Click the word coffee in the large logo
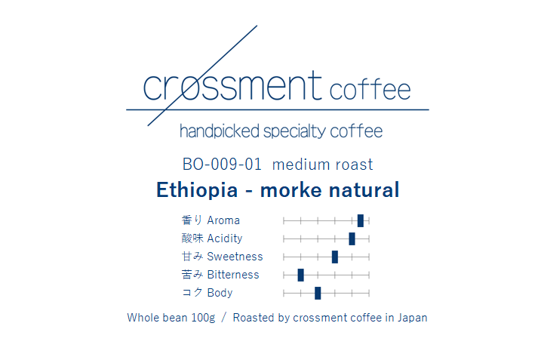point(370,91)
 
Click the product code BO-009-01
point(222,165)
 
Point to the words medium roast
point(322,165)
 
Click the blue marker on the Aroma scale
point(361,220)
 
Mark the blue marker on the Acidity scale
point(352,238)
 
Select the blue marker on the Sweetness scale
point(335,257)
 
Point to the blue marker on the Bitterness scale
point(300,275)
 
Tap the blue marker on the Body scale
point(318,293)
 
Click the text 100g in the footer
point(203,318)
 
